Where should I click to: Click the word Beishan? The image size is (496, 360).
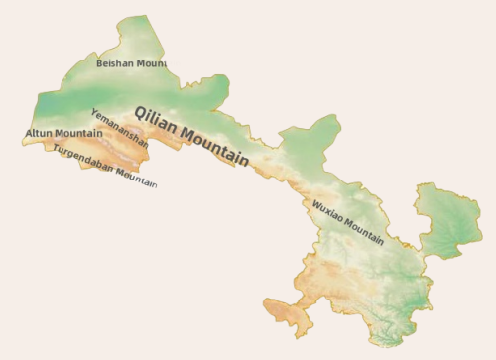point(114,63)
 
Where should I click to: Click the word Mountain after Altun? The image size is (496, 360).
point(78,133)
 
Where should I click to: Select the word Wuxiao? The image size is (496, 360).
point(327,212)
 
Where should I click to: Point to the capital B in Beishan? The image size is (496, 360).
point(99,63)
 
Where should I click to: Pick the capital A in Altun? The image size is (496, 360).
point(29,133)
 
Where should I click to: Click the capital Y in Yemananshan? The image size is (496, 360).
point(93,111)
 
